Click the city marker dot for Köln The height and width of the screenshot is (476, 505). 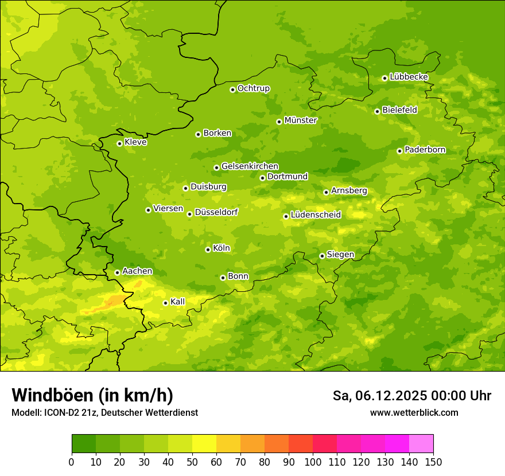tap(208, 249)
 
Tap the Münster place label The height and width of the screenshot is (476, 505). tap(301, 120)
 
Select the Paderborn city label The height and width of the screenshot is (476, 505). tap(425, 150)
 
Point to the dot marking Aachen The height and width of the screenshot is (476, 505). tap(117, 272)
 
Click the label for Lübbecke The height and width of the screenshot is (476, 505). tap(409, 77)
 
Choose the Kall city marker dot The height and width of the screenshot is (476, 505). tap(165, 303)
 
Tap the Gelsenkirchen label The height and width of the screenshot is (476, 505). tap(250, 166)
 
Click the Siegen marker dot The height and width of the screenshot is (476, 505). tap(322, 256)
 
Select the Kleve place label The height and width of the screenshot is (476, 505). tap(135, 142)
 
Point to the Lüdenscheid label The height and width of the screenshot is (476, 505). tap(316, 215)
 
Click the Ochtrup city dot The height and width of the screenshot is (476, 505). tap(232, 89)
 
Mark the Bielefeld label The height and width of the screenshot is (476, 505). tap(399, 110)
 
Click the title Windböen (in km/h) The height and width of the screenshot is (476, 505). tap(92, 395)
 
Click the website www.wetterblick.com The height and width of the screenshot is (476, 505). tap(414, 412)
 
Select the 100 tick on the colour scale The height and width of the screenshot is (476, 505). tap(313, 461)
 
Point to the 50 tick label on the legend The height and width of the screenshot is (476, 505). tap(192, 461)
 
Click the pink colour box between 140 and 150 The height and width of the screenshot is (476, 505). tap(421, 444)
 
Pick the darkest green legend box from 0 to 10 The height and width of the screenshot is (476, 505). tap(84, 444)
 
